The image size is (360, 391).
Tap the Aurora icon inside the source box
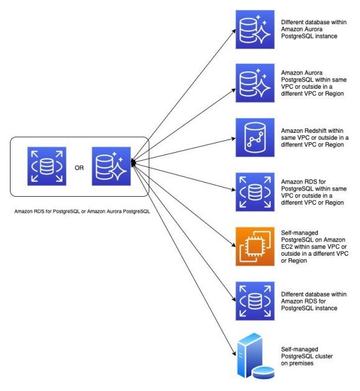coord(112,166)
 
